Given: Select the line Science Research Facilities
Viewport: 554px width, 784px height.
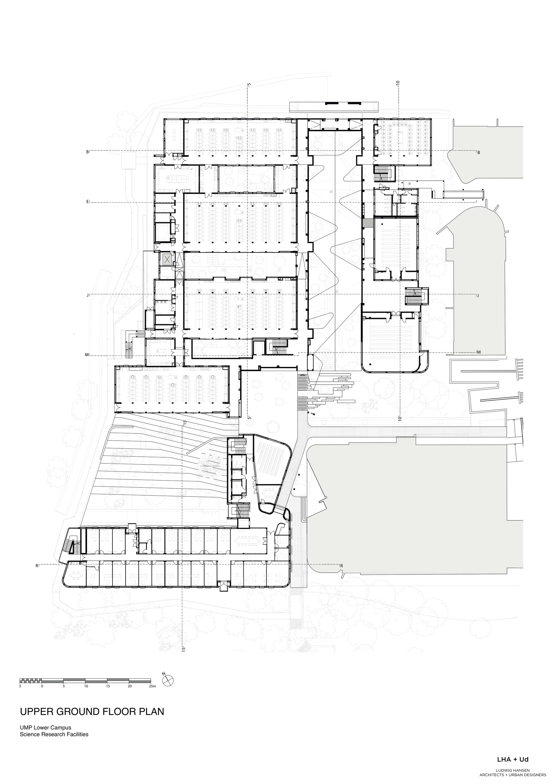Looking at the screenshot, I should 54,731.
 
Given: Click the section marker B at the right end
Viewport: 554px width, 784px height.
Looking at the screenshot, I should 479,153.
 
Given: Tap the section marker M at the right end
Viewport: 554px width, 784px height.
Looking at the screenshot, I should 479,353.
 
